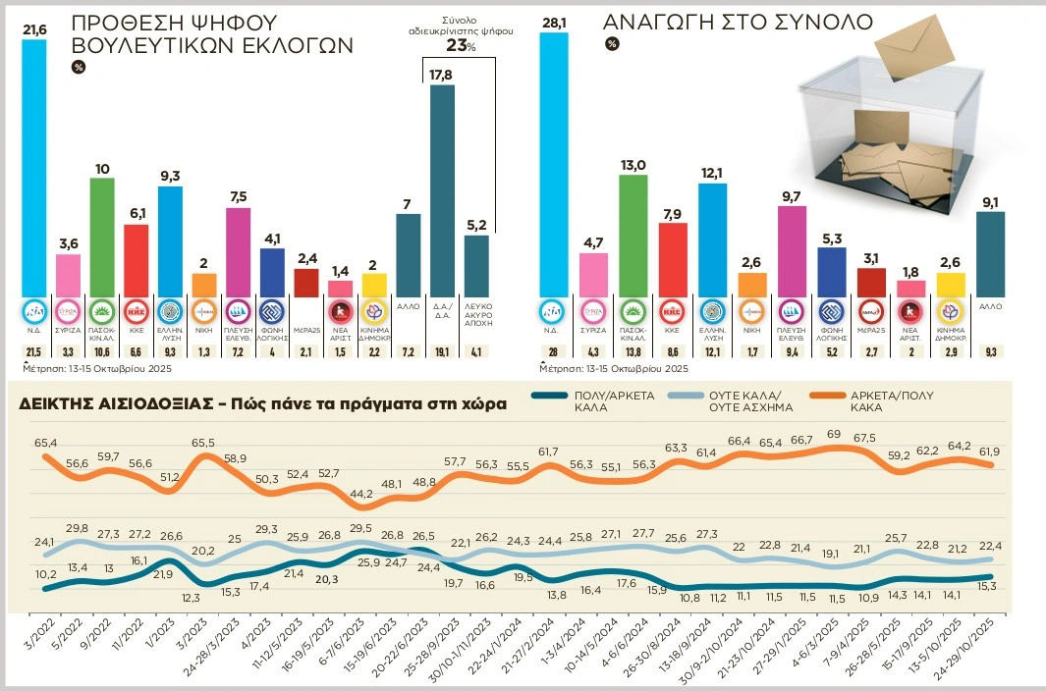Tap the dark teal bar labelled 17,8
tap(442, 190)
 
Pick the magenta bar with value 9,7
tap(792, 250)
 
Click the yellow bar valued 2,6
tap(950, 284)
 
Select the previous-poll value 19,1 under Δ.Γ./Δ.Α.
tap(441, 350)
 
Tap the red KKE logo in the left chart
tap(138, 312)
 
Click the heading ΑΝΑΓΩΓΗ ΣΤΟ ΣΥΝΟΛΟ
tap(738, 23)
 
